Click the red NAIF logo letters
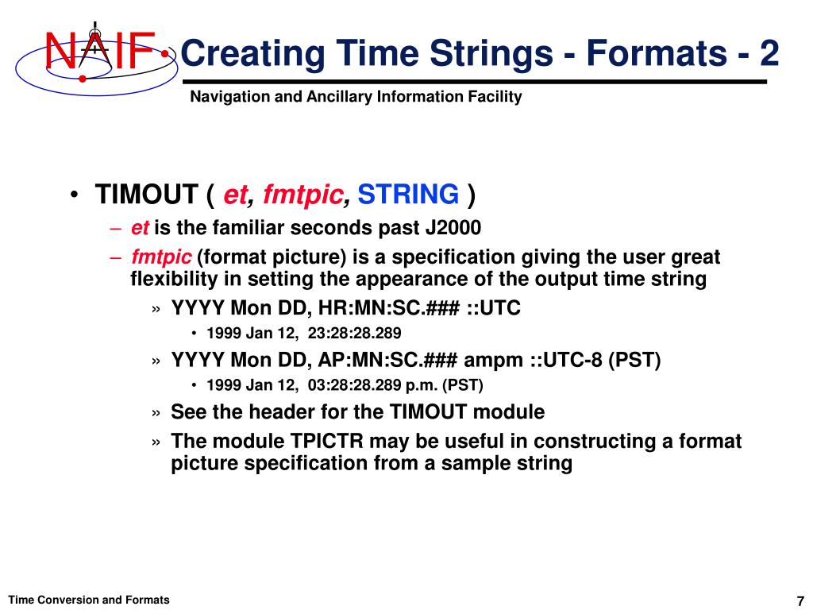pyautogui.click(x=100, y=51)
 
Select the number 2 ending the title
pyautogui.click(x=769, y=53)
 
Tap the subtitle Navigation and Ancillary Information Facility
pyautogui.click(x=356, y=96)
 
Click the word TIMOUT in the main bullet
pyautogui.click(x=146, y=195)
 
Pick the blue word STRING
pyautogui.click(x=408, y=195)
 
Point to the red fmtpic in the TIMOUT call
pyautogui.click(x=302, y=195)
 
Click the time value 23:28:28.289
pyautogui.click(x=355, y=333)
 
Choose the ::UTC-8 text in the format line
pyautogui.click(x=566, y=360)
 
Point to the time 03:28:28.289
pyautogui.click(x=355, y=385)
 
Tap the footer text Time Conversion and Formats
pyautogui.click(x=89, y=600)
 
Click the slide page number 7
pyautogui.click(x=800, y=600)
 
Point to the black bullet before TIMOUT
pyautogui.click(x=75, y=195)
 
